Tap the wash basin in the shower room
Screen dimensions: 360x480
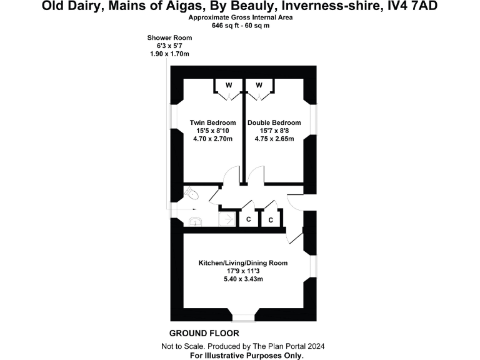[x=194, y=220]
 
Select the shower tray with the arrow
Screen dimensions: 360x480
[x=226, y=219]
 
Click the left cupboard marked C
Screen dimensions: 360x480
[x=248, y=219]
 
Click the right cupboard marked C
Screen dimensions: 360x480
[x=271, y=220]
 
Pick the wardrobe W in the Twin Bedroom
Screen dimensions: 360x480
[x=229, y=86]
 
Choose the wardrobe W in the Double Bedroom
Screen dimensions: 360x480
[x=259, y=86]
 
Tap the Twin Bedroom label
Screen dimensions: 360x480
[x=212, y=122]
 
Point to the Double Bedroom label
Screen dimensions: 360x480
[x=274, y=122]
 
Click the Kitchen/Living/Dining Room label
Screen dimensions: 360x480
[x=243, y=263]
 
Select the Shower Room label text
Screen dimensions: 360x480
[x=169, y=38]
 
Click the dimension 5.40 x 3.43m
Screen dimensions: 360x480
[x=243, y=279]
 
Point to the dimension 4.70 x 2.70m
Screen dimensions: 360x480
[x=212, y=139]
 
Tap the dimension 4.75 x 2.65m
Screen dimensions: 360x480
[x=274, y=139]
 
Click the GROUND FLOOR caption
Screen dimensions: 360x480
[x=204, y=333]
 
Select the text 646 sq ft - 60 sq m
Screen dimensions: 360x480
[x=240, y=26]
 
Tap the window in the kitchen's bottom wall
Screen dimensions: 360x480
[x=242, y=314]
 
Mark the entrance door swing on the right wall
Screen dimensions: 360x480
[x=296, y=201]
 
